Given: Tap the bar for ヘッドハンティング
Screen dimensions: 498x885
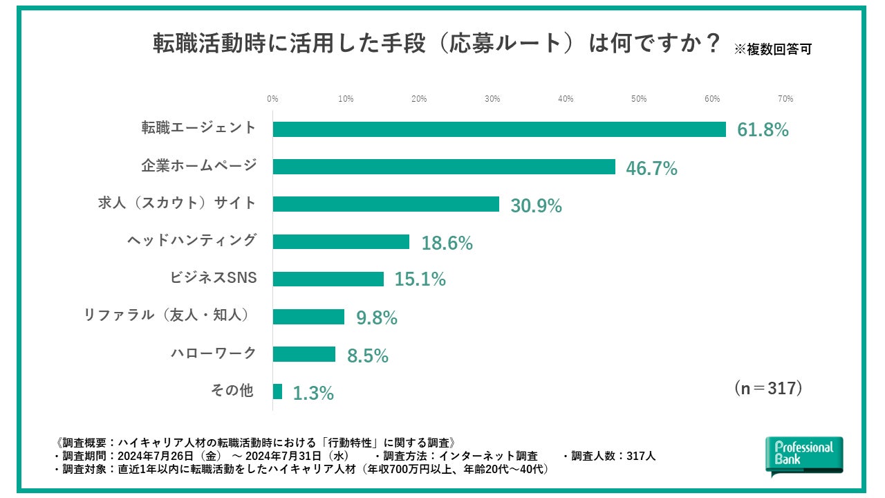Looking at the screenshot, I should coord(341,241).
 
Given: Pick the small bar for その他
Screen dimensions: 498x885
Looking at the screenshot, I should coord(277,391).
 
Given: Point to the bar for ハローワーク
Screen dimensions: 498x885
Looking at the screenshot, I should coord(304,354).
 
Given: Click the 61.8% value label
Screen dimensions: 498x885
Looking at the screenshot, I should coord(763,130).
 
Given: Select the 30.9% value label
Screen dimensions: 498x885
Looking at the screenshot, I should coord(536,205).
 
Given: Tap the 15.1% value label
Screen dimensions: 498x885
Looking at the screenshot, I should coord(420,279).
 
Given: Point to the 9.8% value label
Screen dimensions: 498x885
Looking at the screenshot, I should coord(376,317).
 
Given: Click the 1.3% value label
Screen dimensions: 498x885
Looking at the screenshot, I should coord(313,394).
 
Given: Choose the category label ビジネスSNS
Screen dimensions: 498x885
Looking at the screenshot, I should coord(213,278).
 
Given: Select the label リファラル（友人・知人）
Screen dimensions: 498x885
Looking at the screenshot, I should coord(166,315).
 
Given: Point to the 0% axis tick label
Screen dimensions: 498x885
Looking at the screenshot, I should coord(272,99).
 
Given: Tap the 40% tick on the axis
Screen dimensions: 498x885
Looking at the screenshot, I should coord(566,99).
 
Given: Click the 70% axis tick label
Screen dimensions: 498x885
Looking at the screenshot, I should coord(785,99).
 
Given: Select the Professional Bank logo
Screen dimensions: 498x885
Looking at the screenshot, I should coord(804,455).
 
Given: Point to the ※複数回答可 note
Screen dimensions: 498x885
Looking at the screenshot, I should coord(772,49).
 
